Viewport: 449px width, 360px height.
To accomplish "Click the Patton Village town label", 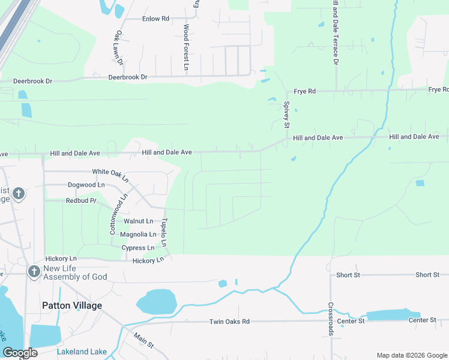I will point(72,305).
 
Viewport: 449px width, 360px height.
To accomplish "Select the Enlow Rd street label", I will point(155,19).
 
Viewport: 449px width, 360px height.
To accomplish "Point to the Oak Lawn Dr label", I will point(118,48).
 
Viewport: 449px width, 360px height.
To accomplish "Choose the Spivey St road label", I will point(286,115).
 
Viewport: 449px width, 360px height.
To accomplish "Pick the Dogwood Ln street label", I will point(86,185).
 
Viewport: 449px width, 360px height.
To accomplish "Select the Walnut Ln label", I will point(139,221).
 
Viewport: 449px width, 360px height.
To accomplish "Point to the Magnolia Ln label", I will point(138,235).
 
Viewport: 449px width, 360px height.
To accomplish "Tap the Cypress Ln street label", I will point(137,248).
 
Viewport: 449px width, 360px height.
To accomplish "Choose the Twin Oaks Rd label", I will point(229,322).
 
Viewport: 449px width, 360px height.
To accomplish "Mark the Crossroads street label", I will point(331,319).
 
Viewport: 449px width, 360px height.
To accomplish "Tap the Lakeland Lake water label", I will point(82,352).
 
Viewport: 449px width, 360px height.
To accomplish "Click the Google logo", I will point(20,353).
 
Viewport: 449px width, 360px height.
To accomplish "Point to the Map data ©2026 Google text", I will point(411,355).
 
